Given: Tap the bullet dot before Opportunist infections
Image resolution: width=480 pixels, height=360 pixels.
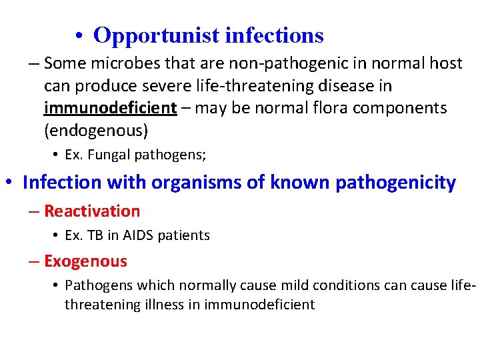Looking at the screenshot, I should pyautogui.click(x=79, y=36).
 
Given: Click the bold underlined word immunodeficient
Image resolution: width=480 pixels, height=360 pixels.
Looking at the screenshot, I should pyautogui.click(x=111, y=108).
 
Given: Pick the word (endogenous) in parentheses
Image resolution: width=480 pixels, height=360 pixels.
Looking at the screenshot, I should pyautogui.click(x=95, y=131).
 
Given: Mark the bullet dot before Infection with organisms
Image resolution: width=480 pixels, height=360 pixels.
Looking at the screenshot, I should pyautogui.click(x=9, y=183).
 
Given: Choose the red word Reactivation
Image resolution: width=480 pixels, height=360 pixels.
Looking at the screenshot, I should pyautogui.click(x=92, y=211).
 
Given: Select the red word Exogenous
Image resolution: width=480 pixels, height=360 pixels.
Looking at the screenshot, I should pyautogui.click(x=85, y=261).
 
